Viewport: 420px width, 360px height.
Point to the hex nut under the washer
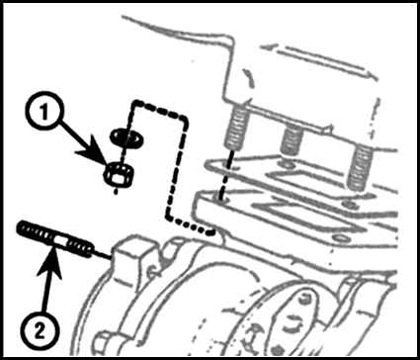120,174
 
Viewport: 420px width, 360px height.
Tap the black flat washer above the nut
127,135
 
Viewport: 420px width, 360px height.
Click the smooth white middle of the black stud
60,238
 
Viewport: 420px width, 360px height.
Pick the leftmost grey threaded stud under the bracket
237,128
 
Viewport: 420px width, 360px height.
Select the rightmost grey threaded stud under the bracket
360,167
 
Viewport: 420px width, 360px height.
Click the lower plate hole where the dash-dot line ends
221,198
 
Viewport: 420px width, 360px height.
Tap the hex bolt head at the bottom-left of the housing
102,343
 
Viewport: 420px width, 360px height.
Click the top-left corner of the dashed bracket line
134,103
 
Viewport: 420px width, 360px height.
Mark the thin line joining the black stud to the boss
102,253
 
